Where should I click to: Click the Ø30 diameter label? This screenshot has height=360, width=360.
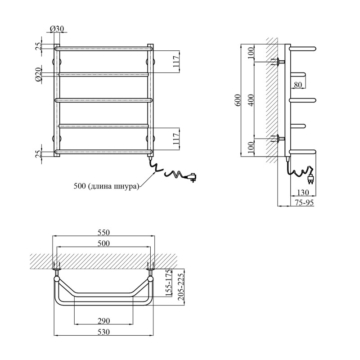tap(57, 29)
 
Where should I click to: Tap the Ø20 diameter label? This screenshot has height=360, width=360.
tap(38, 74)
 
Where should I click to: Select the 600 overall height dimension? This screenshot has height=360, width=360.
tap(238, 100)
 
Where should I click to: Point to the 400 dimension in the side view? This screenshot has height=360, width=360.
tap(252, 100)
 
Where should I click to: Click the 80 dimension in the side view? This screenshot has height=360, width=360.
tap(298, 85)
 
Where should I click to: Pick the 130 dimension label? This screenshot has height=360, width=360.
tap(303, 193)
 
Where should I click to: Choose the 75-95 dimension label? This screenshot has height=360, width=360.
tap(304, 203)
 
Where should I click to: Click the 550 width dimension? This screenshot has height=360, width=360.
tap(103, 233)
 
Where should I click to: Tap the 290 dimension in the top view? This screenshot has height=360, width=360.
tap(104, 321)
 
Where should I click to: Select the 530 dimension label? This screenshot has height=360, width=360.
tap(103, 332)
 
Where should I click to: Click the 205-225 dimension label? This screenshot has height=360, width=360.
tap(181, 287)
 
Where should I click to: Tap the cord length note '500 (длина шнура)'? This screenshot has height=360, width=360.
tap(107, 186)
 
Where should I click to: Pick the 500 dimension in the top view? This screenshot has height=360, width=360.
tap(103, 243)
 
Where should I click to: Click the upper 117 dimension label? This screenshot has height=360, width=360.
tap(176, 61)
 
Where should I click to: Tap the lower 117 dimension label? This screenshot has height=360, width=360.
tap(176, 139)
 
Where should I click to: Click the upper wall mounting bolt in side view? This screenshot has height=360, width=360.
tap(278, 62)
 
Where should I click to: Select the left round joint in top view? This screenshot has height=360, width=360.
tap(57, 279)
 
